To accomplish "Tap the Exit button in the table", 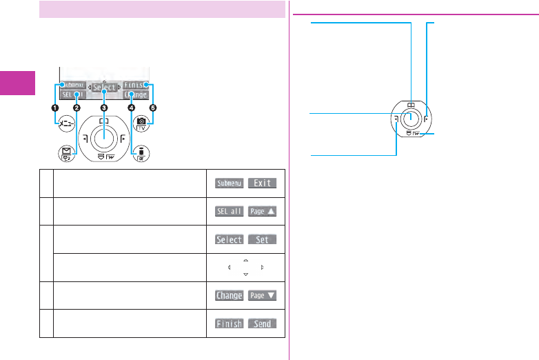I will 262,183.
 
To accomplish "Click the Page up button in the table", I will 262,211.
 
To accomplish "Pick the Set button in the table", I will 262,239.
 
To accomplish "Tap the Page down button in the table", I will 262,295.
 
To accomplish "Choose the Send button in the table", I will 262,323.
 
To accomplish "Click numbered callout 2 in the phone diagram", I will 77,108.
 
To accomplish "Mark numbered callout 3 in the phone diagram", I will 103,108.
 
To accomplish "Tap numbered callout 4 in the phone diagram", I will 131,108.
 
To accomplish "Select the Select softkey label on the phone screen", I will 103,87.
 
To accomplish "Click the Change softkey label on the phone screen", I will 136,95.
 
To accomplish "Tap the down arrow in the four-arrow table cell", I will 245,274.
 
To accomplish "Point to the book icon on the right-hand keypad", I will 411,105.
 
